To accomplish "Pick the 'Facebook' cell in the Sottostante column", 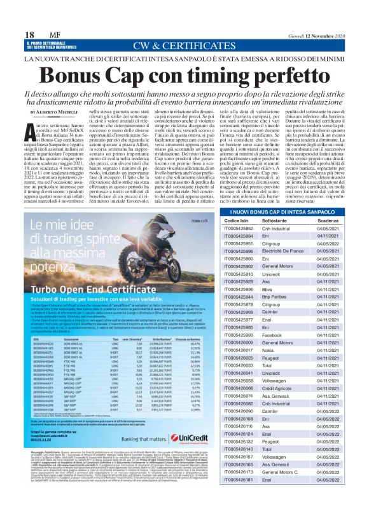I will (x=272, y=334).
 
